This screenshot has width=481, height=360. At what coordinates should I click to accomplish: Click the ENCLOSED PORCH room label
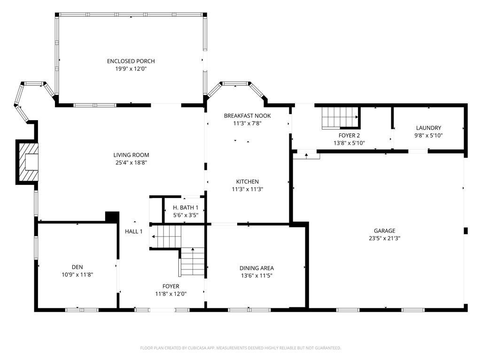pos(131,61)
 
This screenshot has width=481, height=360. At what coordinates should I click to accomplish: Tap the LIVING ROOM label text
pos(132,155)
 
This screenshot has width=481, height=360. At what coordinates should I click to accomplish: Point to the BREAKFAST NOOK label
pos(247,115)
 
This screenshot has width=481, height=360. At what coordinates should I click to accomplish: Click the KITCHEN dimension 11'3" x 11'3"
pos(248,189)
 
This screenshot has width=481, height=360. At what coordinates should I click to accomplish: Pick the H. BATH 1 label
pos(186,207)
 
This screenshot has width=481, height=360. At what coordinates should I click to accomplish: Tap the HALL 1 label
pos(134,231)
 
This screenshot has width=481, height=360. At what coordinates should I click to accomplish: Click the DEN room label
pos(78,267)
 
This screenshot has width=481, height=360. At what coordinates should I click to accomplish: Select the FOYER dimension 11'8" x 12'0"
pos(171,294)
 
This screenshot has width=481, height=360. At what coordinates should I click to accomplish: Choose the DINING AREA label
pos(257,268)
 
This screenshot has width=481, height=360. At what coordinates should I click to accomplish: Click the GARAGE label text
pos(385,230)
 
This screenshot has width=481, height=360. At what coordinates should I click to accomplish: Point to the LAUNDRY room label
pos(428,128)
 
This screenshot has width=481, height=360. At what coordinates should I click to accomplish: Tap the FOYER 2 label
pos(349,136)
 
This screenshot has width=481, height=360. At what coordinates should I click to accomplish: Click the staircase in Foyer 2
pos(340,117)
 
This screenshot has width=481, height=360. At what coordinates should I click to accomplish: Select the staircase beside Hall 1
pos(177,251)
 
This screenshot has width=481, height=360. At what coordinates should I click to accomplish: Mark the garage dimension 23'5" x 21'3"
pos(385,238)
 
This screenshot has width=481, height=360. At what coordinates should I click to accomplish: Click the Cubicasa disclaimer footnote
pos(240,348)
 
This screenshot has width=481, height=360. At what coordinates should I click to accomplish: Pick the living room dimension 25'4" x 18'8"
pos(132,162)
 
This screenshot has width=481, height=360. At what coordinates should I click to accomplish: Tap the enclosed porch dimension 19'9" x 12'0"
pos(131,69)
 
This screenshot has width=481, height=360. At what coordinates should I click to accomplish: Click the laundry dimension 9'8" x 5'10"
pos(428,135)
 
